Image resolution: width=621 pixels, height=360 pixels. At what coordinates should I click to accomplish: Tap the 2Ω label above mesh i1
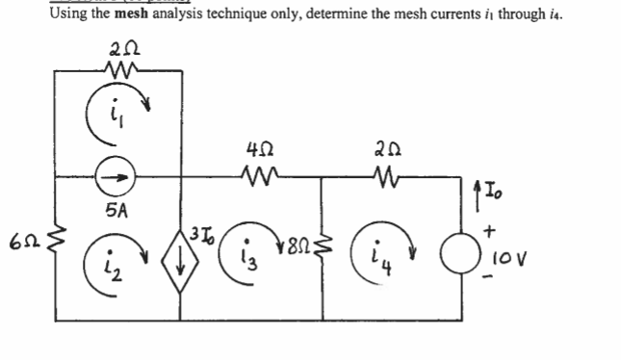[x=124, y=47]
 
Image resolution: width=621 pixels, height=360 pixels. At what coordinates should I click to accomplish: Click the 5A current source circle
[x=118, y=178]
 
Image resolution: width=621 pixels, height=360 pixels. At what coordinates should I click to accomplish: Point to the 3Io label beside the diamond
[x=201, y=231]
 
